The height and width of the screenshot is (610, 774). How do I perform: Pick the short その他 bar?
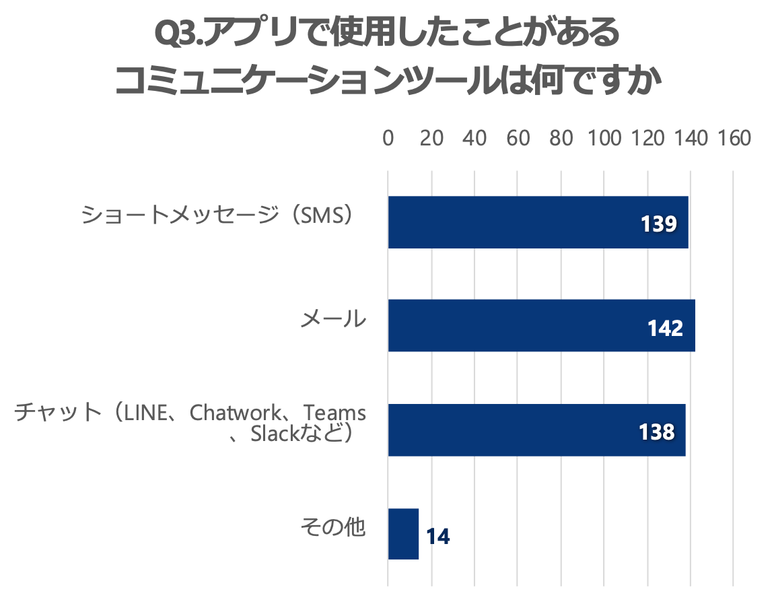tap(403, 534)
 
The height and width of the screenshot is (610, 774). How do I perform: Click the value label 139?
tap(658, 224)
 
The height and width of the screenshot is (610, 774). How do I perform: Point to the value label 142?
tap(665, 328)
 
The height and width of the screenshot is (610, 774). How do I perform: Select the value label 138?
tap(657, 432)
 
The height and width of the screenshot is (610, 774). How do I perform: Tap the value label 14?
tap(437, 537)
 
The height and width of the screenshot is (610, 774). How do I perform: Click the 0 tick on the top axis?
tap(388, 138)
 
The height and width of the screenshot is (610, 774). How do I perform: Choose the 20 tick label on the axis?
tap(431, 138)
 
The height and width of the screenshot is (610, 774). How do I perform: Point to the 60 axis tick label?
tap(518, 138)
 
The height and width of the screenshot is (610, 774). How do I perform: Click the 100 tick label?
tap(604, 138)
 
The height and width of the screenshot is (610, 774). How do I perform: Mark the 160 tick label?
tap(733, 138)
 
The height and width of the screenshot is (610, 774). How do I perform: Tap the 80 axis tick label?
tap(561, 138)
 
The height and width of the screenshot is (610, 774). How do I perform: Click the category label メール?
tap(333, 318)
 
